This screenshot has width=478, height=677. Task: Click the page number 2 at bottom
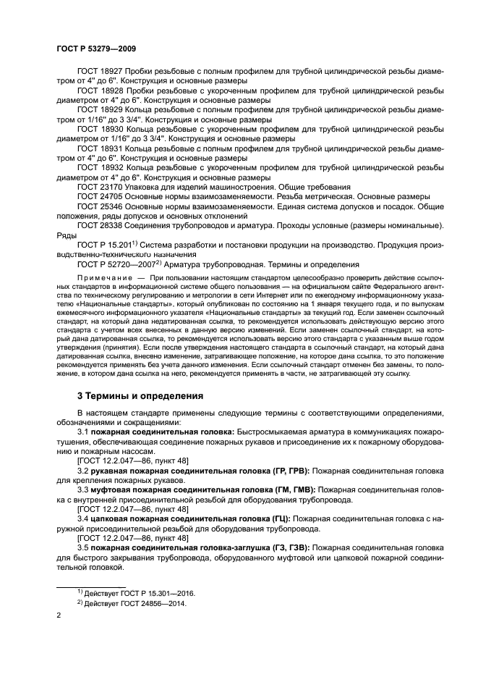[59, 615]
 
